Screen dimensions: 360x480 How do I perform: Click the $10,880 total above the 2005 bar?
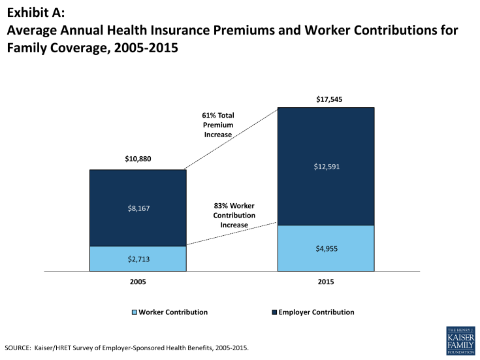pyautogui.click(x=138, y=159)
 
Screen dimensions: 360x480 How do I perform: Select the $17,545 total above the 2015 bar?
pyautogui.click(x=326, y=100)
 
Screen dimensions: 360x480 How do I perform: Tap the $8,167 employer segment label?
pyautogui.click(x=138, y=208)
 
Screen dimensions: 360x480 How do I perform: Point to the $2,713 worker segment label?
pyautogui.click(x=138, y=259)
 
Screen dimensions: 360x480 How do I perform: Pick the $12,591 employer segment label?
pyautogui.click(x=326, y=167)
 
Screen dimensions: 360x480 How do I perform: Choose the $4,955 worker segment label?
pyautogui.click(x=326, y=248)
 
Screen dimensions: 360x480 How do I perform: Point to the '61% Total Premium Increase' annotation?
pyautogui.click(x=218, y=125)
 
